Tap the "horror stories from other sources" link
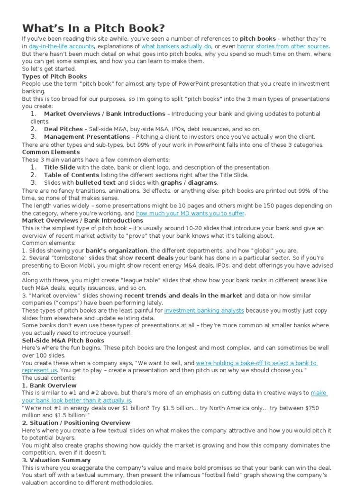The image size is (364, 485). [x=282, y=46]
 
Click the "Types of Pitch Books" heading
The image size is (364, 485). [x=55, y=76]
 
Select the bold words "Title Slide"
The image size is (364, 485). [x=59, y=167]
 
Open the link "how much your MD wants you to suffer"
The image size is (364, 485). [x=190, y=213]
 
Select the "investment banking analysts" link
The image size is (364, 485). [x=204, y=311]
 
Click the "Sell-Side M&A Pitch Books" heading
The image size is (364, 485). [x=63, y=341]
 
